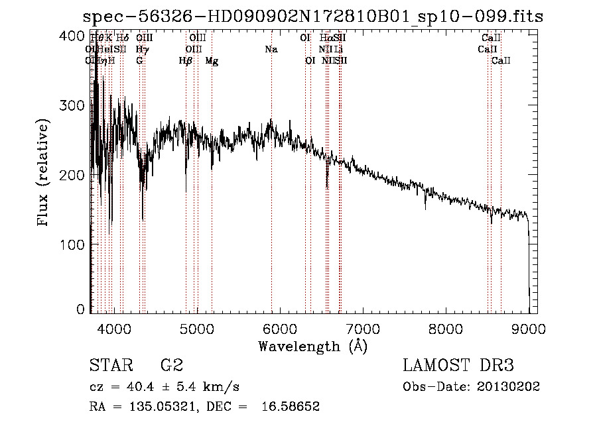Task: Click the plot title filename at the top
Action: click(312, 17)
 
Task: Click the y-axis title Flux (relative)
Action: click(44, 174)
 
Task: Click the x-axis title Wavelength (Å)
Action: click(312, 346)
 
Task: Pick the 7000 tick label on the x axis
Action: click(362, 329)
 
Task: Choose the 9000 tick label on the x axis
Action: click(529, 329)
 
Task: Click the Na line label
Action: click(271, 49)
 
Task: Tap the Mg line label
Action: click(212, 61)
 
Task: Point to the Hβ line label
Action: click(186, 61)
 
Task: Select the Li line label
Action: click(338, 49)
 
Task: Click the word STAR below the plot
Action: click(109, 365)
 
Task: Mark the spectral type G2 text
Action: click(171, 365)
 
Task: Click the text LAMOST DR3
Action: click(458, 365)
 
